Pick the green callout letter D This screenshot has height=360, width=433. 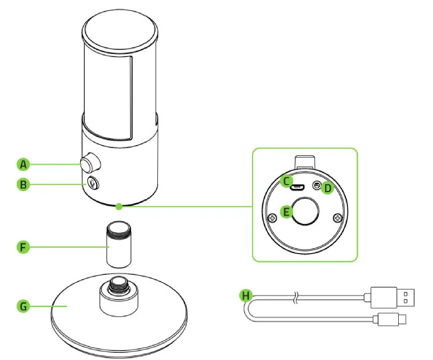point(328,188)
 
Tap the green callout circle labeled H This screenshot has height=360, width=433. point(245,295)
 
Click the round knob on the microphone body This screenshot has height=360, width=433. point(90,163)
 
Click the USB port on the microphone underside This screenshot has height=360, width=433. point(297,189)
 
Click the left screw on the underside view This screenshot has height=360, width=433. point(272,218)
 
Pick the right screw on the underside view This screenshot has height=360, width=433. point(337,218)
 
